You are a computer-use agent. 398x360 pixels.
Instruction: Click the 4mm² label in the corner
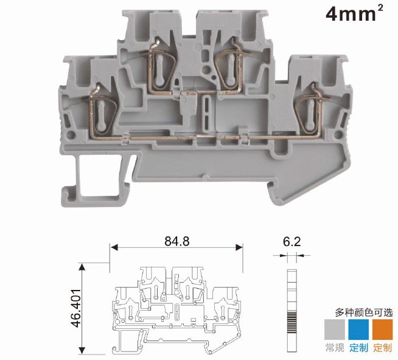click(x=354, y=13)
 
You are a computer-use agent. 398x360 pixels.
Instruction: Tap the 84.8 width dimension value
click(x=177, y=241)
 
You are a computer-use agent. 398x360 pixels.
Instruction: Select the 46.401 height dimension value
click(x=76, y=308)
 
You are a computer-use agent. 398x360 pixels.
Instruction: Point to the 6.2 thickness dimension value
click(x=292, y=242)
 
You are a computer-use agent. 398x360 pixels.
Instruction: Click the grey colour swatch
click(x=335, y=330)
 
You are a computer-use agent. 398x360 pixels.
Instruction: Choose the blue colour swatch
click(x=358, y=330)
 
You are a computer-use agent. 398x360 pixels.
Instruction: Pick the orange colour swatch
click(x=382, y=330)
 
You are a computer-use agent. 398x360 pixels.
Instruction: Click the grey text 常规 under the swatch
click(x=335, y=348)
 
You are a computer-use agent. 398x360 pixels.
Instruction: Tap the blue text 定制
click(x=358, y=348)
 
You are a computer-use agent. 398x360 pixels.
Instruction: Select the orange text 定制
click(x=382, y=348)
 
